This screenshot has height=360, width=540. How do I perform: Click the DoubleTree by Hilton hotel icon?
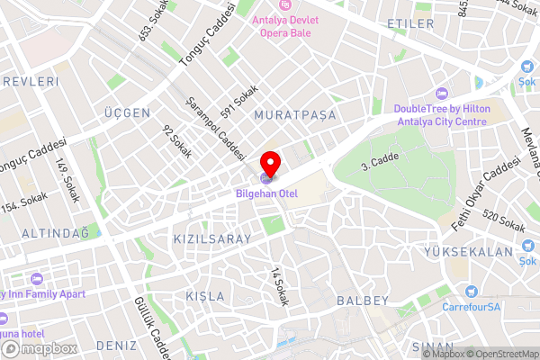pyautogui.click(x=441, y=94)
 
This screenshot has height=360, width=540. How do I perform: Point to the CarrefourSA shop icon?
pyautogui.click(x=471, y=292)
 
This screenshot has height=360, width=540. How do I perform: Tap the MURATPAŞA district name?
pyautogui.click(x=294, y=115)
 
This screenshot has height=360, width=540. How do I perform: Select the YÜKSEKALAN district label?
pyautogui.click(x=479, y=252)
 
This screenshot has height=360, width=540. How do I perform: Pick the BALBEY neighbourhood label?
pyautogui.click(x=362, y=300)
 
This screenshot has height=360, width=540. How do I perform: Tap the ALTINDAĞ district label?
pyautogui.click(x=49, y=233)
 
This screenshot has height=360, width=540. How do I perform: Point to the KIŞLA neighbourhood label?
pyautogui.click(x=202, y=296)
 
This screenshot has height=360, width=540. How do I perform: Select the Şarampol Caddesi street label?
pyautogui.click(x=216, y=130)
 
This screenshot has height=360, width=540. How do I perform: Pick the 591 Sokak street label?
pyautogui.click(x=246, y=101)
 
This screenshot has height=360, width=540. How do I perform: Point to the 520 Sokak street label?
pyautogui.click(x=503, y=221)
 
